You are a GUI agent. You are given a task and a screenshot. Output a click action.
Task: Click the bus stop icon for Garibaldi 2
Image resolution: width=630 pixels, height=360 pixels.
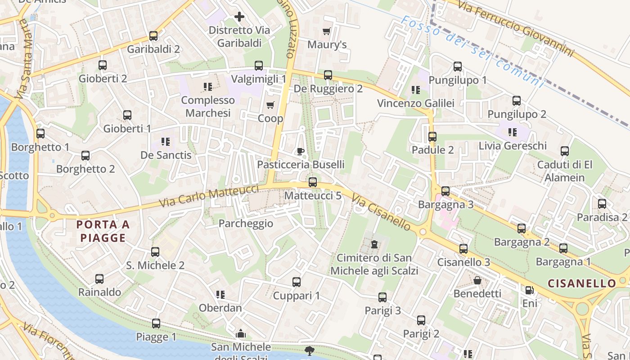(x=153, y=36)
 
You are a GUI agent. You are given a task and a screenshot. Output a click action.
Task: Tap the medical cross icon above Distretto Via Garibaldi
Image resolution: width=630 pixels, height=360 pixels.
(x=239, y=17)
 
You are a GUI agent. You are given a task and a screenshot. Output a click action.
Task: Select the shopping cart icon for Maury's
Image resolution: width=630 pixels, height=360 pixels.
(x=327, y=31)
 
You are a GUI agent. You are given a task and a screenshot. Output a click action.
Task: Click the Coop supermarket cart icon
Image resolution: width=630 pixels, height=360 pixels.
(x=270, y=105)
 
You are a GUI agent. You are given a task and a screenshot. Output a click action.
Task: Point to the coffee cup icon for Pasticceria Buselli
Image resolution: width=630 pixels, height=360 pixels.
(x=301, y=151)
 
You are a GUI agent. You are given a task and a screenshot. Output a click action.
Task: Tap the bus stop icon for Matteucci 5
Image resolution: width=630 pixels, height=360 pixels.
(x=313, y=182)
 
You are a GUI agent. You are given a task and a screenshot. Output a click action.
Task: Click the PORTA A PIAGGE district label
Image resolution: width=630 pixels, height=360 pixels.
(x=103, y=231)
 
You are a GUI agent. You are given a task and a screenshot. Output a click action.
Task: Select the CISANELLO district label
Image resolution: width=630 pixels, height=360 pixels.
(x=582, y=283)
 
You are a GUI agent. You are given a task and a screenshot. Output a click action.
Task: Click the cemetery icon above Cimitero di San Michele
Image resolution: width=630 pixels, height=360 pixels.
(x=374, y=245)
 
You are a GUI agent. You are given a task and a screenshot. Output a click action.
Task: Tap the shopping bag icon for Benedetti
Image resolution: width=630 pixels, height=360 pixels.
(x=477, y=281)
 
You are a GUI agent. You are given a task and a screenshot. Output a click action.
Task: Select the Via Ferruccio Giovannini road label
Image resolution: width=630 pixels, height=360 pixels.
(x=516, y=29)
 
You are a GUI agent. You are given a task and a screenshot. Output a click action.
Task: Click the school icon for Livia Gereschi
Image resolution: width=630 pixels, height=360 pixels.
(x=512, y=132)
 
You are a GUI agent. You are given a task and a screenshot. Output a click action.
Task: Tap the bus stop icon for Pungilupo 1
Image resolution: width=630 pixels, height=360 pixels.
(x=458, y=67)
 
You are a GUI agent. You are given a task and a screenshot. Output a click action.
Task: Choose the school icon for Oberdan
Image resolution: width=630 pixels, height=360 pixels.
(x=220, y=295)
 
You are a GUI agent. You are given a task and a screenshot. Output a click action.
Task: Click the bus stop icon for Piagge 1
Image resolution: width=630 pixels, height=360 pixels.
(x=156, y=324)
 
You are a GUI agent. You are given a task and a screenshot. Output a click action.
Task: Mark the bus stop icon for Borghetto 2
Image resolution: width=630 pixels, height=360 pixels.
(x=85, y=156)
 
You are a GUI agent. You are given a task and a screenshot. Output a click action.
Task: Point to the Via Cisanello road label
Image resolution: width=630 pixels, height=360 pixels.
(x=381, y=212)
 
